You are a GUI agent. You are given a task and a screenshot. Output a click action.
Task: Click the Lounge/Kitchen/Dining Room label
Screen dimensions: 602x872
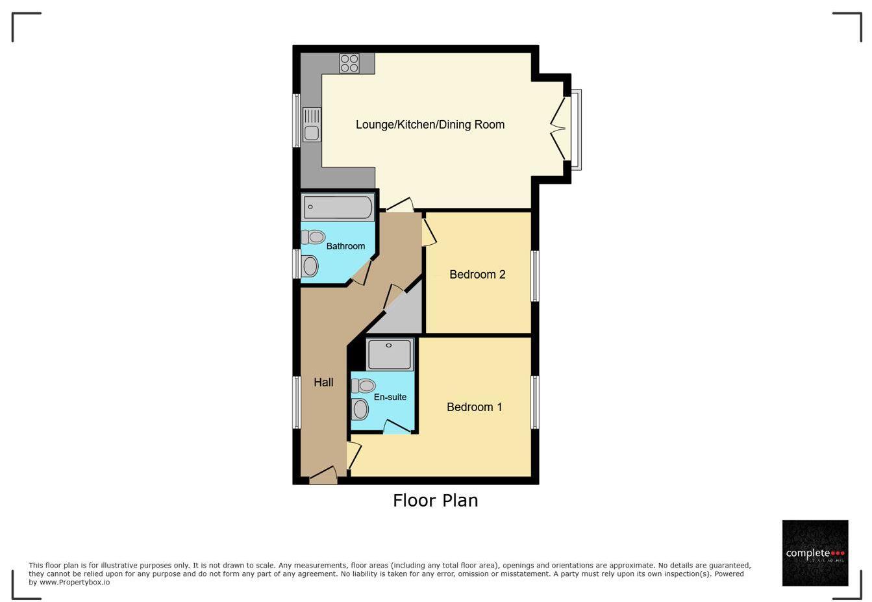point(430,125)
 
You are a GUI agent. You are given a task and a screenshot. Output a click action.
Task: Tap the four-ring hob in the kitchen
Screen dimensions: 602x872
point(349,63)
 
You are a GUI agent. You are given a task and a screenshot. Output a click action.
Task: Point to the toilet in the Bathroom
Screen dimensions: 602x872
point(313,237)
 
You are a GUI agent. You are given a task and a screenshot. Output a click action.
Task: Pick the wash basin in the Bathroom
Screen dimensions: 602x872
point(310,266)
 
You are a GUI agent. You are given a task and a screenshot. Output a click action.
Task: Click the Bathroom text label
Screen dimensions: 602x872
point(345,246)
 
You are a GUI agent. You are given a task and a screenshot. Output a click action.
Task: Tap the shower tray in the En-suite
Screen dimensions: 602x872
point(390,354)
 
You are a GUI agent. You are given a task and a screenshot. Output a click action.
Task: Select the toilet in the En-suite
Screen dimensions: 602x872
point(363,386)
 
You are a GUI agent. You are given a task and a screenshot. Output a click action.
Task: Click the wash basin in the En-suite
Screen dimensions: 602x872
point(360,409)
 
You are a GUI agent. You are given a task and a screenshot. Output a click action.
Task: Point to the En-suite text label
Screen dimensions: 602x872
point(390,397)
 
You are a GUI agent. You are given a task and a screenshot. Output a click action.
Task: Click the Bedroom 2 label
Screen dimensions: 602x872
point(477,275)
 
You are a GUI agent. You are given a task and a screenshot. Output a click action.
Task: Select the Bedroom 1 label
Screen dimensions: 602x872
point(474,407)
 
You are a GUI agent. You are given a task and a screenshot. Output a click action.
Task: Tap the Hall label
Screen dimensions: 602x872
point(323,383)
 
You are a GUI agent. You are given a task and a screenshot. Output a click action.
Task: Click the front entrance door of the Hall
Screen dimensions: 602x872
point(323,477)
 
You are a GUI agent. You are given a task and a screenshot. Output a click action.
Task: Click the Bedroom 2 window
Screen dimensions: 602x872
point(535,276)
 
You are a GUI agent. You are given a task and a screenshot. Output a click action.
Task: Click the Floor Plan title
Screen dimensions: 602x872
point(435,500)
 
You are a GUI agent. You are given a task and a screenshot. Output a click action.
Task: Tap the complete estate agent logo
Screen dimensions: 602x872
point(815,553)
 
